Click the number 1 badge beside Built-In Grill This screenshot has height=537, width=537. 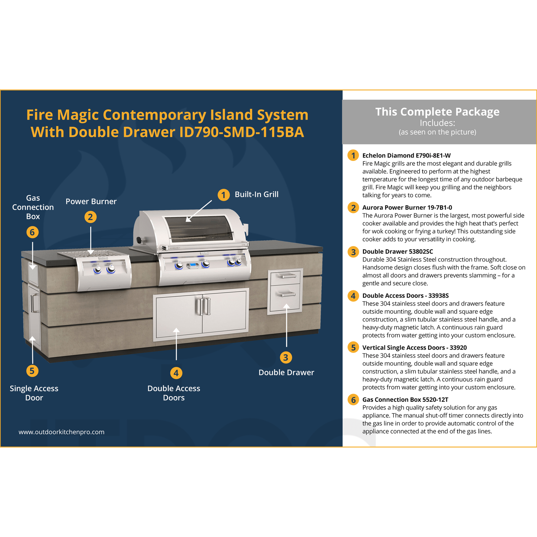click(x=223, y=195)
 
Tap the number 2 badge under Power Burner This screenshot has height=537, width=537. click(x=90, y=217)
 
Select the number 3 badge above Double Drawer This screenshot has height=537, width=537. click(x=285, y=358)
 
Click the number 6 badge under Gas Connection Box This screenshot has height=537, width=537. click(x=32, y=232)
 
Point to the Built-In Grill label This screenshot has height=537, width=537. click(x=256, y=194)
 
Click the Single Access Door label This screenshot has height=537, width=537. click(x=34, y=393)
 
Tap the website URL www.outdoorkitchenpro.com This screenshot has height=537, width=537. click(x=61, y=432)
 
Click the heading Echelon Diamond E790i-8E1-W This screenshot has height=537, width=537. click(x=406, y=155)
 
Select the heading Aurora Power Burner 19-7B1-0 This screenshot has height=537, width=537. click(x=407, y=207)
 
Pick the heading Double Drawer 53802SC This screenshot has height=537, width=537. click(x=398, y=252)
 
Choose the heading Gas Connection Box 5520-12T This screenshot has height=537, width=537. click(x=405, y=399)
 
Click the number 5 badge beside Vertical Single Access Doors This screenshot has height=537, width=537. click(x=353, y=347)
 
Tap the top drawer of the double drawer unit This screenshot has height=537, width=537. click(x=285, y=276)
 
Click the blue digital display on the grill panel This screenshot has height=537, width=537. click(x=193, y=265)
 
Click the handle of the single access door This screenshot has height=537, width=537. click(x=33, y=303)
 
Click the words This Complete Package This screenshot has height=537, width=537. click(x=437, y=112)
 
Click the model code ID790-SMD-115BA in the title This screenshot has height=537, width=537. click(x=242, y=132)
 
